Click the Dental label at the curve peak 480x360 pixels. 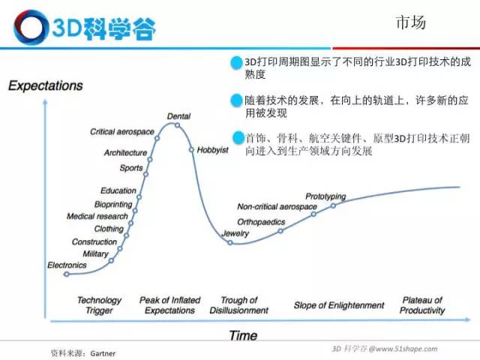coord(178,116)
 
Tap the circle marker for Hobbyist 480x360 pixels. coord(191,150)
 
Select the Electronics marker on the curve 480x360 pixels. coord(67,274)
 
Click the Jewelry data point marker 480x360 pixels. coord(230,243)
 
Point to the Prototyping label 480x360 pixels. coord(325,196)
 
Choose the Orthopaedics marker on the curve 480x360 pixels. coord(280,231)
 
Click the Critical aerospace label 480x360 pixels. coord(121,132)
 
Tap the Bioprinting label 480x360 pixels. coord(113,204)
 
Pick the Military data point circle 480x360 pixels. coord(112,261)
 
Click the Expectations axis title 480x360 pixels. coord(46,85)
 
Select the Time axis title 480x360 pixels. coord(243,335)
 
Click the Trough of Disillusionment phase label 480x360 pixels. coord(238,305)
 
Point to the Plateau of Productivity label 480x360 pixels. coord(422,305)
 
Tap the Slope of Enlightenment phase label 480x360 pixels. coord(339,305)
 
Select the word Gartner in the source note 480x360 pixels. coord(103,353)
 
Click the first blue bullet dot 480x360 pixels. coord(236,63)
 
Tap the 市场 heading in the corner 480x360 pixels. coord(411,22)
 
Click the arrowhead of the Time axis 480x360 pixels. coord(468,320)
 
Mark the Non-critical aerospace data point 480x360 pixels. coord(313,214)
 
